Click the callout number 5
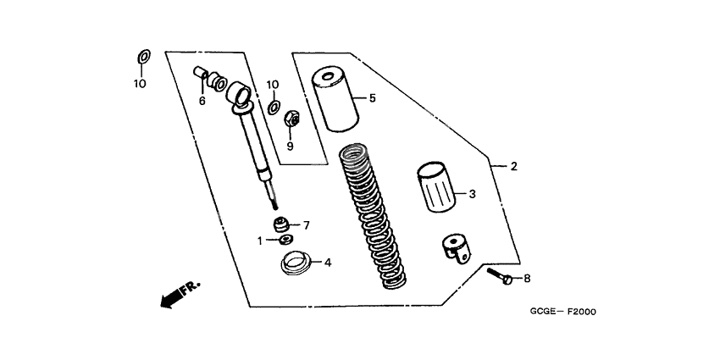[373, 97]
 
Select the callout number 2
[514, 166]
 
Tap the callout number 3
[473, 194]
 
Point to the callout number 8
[527, 279]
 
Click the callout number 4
[328, 263]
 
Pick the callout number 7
[307, 225]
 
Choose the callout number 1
[260, 241]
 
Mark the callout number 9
[290, 147]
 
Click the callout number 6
[202, 101]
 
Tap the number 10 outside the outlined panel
[140, 84]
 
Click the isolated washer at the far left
[144, 57]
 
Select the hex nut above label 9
[292, 119]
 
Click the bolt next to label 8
[500, 275]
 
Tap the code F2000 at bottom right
[582, 312]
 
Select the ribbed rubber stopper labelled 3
[435, 187]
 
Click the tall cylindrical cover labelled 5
[335, 100]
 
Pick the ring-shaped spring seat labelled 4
[296, 263]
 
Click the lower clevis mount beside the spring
[457, 249]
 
